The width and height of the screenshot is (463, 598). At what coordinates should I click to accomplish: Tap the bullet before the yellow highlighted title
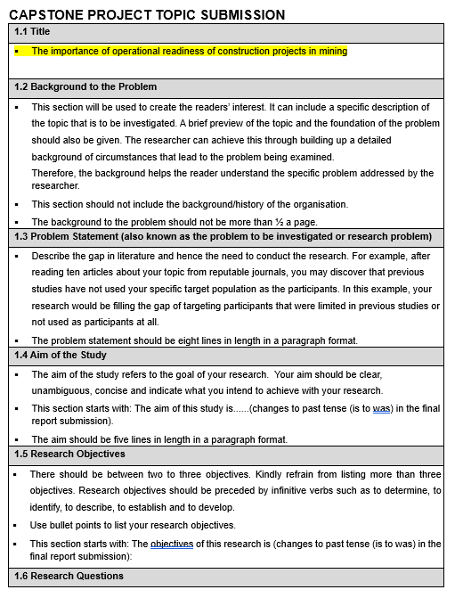pos(18,52)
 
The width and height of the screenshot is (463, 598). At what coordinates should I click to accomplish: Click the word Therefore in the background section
pos(55,173)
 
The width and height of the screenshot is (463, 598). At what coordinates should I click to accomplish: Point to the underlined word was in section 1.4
pos(382,408)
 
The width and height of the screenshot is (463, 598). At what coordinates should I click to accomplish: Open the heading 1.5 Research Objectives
pos(71,455)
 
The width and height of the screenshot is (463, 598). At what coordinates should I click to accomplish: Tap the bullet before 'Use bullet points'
pos(18,525)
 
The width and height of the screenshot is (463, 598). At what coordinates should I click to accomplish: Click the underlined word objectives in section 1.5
pos(171,544)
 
